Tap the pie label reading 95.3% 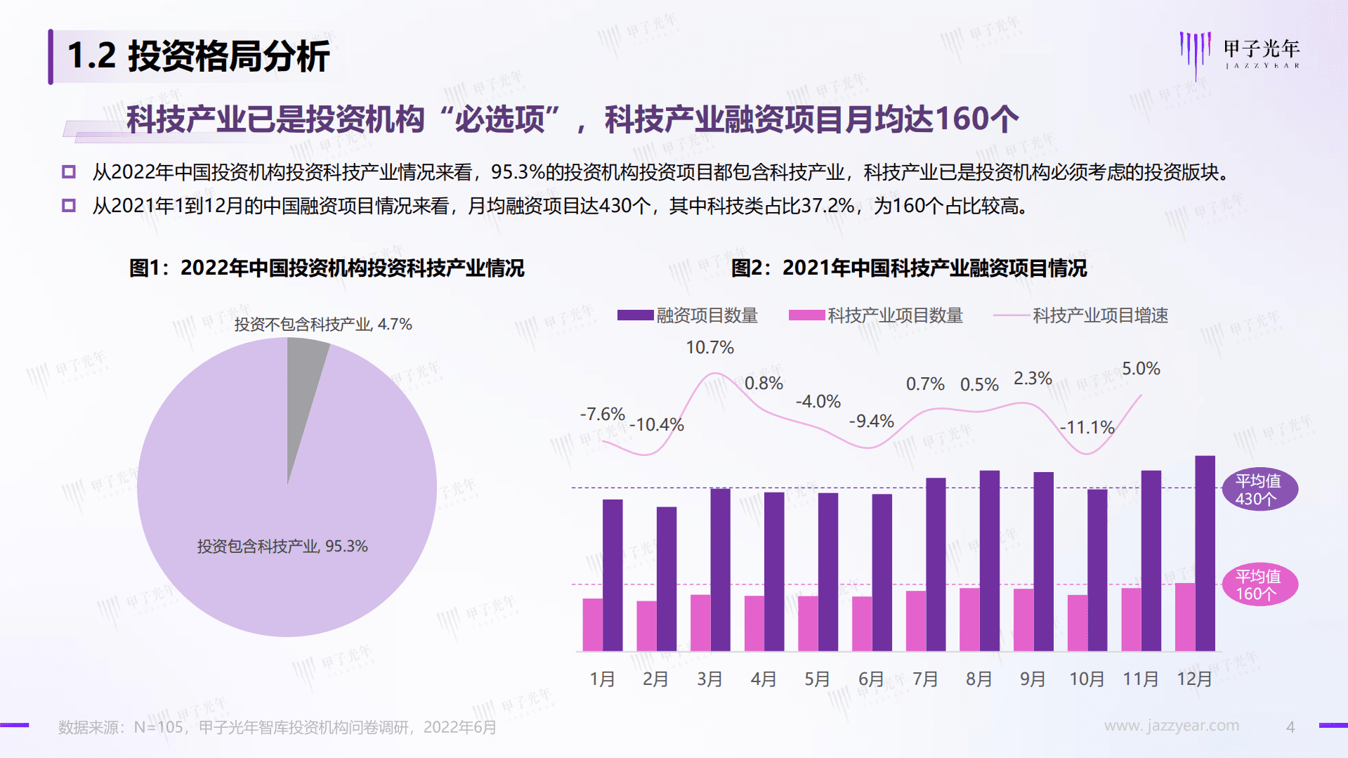282,547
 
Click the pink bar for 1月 592,625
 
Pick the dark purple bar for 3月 720,570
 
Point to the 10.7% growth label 709,348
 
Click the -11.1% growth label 1087,427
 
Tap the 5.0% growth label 1141,369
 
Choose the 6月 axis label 871,679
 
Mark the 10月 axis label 1087,679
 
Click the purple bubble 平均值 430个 1258,490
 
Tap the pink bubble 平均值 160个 1258,585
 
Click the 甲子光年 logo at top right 1240,53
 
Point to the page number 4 1290,728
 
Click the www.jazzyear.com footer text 1171,726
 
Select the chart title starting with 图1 327,268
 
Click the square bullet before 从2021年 69,206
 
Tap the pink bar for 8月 969,620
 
